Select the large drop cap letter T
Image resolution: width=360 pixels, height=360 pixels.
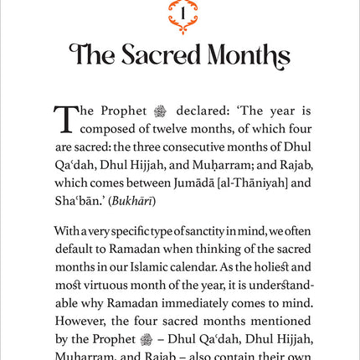tap(65, 119)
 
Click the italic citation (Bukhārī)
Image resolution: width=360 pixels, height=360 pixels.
tap(129, 201)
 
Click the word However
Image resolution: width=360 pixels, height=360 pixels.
tap(80, 321)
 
